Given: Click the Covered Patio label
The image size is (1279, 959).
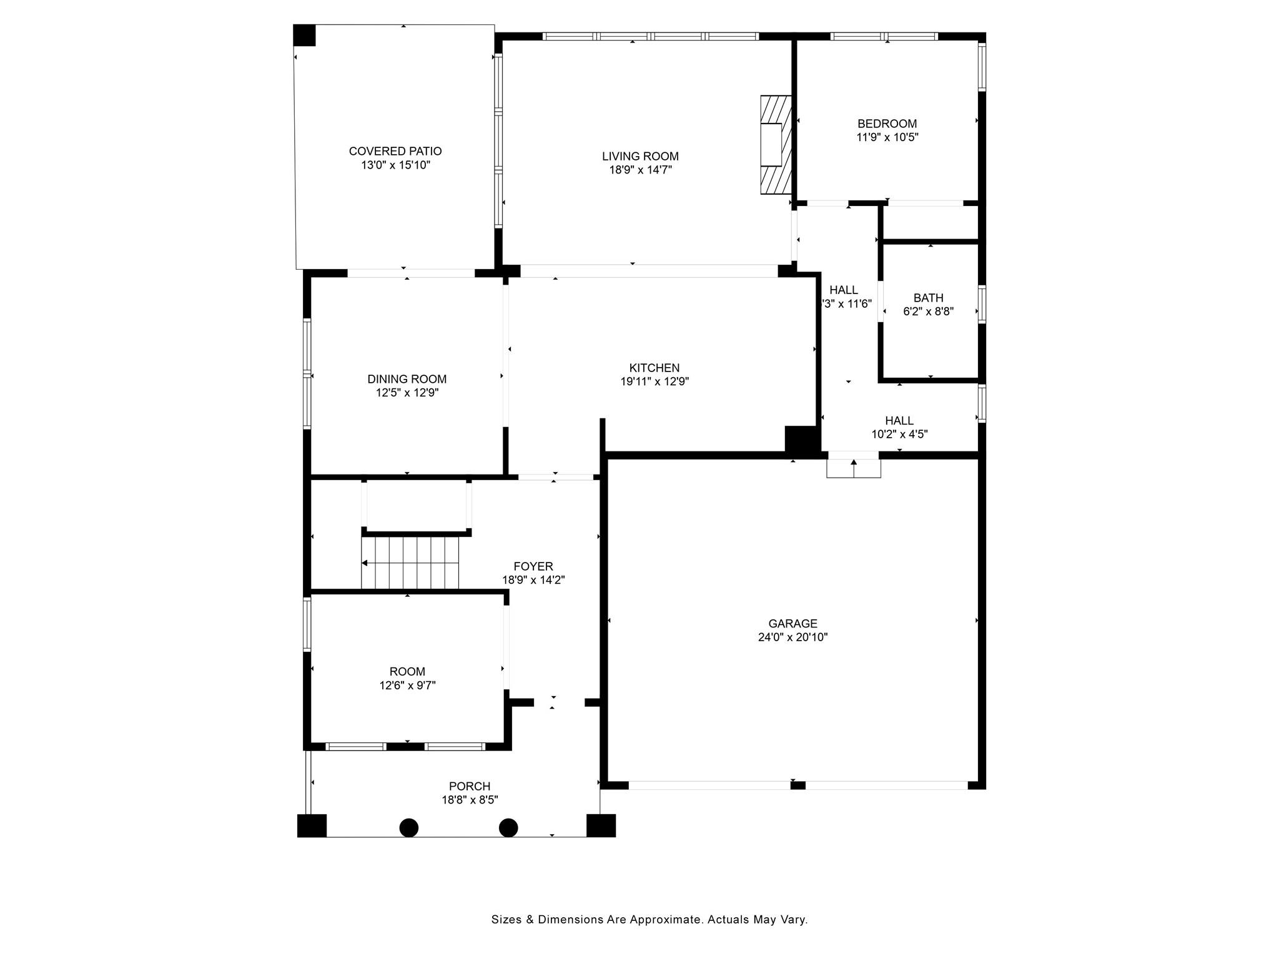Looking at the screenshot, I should [395, 151].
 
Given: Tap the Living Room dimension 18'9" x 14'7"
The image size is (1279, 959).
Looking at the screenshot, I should [640, 170].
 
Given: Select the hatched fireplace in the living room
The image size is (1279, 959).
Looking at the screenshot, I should [775, 145].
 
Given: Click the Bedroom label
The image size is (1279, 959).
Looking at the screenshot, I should [887, 124].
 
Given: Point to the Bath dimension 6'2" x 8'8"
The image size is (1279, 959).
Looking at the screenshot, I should [928, 312].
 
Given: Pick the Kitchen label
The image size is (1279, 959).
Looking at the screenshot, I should [654, 368].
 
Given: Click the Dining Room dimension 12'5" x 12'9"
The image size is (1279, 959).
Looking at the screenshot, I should [407, 393].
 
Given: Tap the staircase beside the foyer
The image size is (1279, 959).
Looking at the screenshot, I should [410, 563].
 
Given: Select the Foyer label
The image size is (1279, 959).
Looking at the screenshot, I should [533, 566].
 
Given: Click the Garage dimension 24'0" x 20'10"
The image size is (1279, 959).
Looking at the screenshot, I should [793, 637].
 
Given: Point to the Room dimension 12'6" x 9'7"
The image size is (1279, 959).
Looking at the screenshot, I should [407, 685].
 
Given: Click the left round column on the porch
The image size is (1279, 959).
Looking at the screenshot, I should [408, 828].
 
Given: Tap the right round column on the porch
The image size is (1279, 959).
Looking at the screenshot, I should [508, 828].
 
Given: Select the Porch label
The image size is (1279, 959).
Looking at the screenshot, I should [469, 786].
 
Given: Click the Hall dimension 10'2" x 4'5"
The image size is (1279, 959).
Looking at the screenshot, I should [899, 435].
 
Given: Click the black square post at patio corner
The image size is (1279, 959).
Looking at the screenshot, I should [305, 35].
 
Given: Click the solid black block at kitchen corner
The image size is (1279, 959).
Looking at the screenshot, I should [801, 439].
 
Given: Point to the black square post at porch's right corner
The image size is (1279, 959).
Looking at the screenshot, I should [601, 825].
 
